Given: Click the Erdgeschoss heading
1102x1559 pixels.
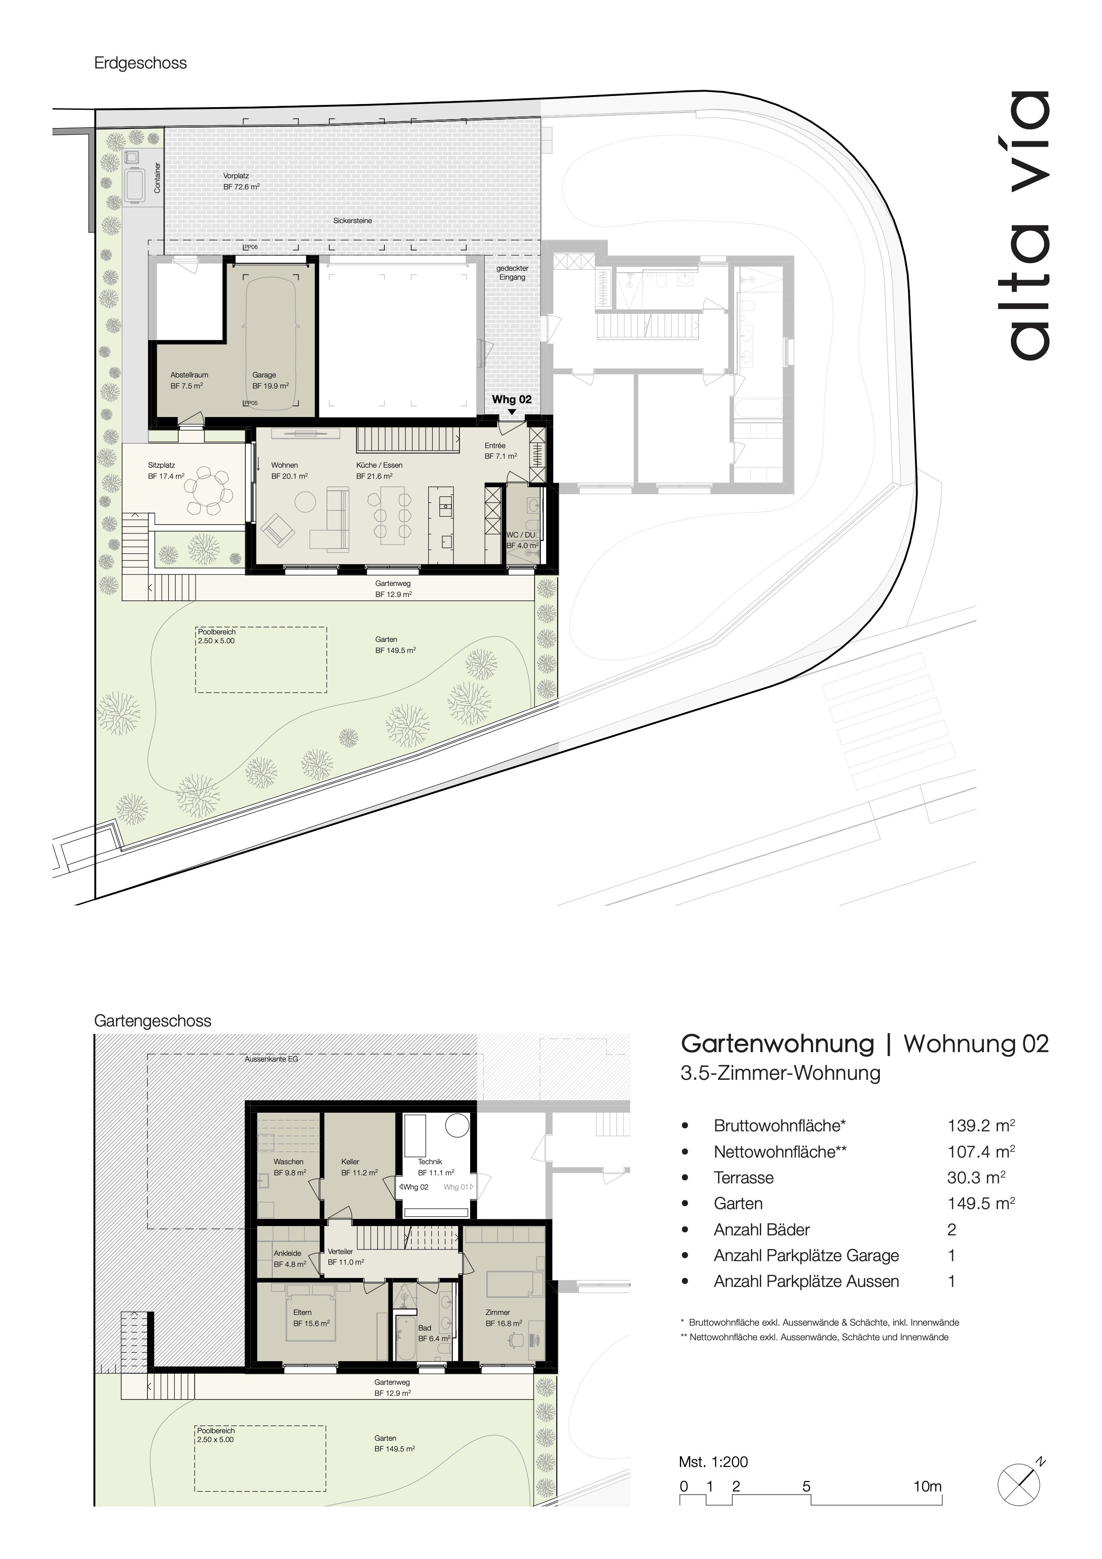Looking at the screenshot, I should point(140,63).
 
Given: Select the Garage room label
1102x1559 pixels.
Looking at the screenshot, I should point(264,375).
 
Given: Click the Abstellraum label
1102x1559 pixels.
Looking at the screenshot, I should point(189,375).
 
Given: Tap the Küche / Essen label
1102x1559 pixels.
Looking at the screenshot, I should point(379,465).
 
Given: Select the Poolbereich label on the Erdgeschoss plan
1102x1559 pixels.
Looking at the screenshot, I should point(216,632).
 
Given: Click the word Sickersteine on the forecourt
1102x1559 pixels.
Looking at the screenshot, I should point(352,220).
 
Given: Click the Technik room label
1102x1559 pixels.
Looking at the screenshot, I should point(430,1162).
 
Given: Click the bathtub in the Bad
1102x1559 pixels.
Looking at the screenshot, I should point(405,1337).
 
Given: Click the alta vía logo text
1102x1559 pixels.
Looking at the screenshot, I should point(1030,224).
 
